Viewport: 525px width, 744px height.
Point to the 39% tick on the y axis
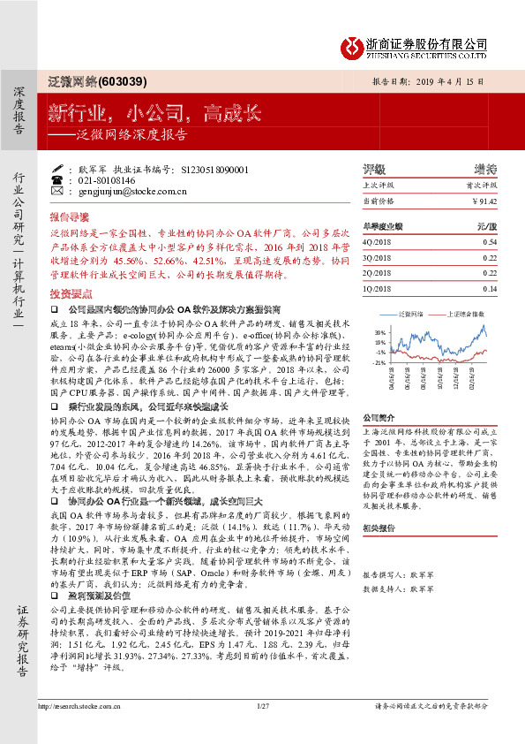tap(380, 331)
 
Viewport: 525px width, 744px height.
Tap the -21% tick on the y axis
tap(379, 362)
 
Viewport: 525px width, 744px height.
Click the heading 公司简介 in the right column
tap(382, 416)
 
